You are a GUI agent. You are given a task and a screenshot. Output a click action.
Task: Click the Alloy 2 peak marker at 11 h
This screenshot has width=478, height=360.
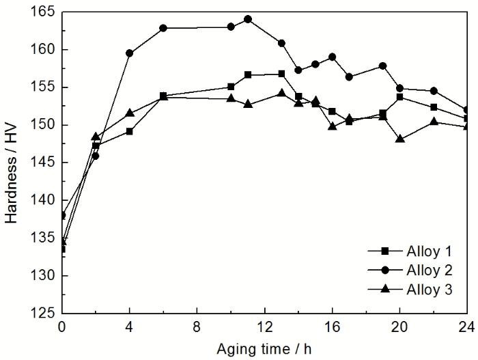(248, 19)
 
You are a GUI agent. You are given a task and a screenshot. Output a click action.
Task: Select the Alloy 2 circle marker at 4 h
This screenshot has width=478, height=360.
(130, 53)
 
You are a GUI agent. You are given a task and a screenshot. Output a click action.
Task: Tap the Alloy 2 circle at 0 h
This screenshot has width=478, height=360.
(63, 215)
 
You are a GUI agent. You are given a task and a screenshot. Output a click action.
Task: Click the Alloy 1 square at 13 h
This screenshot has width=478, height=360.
(281, 74)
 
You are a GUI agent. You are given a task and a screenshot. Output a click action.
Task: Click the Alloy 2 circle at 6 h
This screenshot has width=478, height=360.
(163, 28)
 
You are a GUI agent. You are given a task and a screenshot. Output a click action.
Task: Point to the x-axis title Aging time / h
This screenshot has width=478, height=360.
(265, 348)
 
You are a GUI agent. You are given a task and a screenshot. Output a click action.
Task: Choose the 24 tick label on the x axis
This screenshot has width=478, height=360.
(466, 327)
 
